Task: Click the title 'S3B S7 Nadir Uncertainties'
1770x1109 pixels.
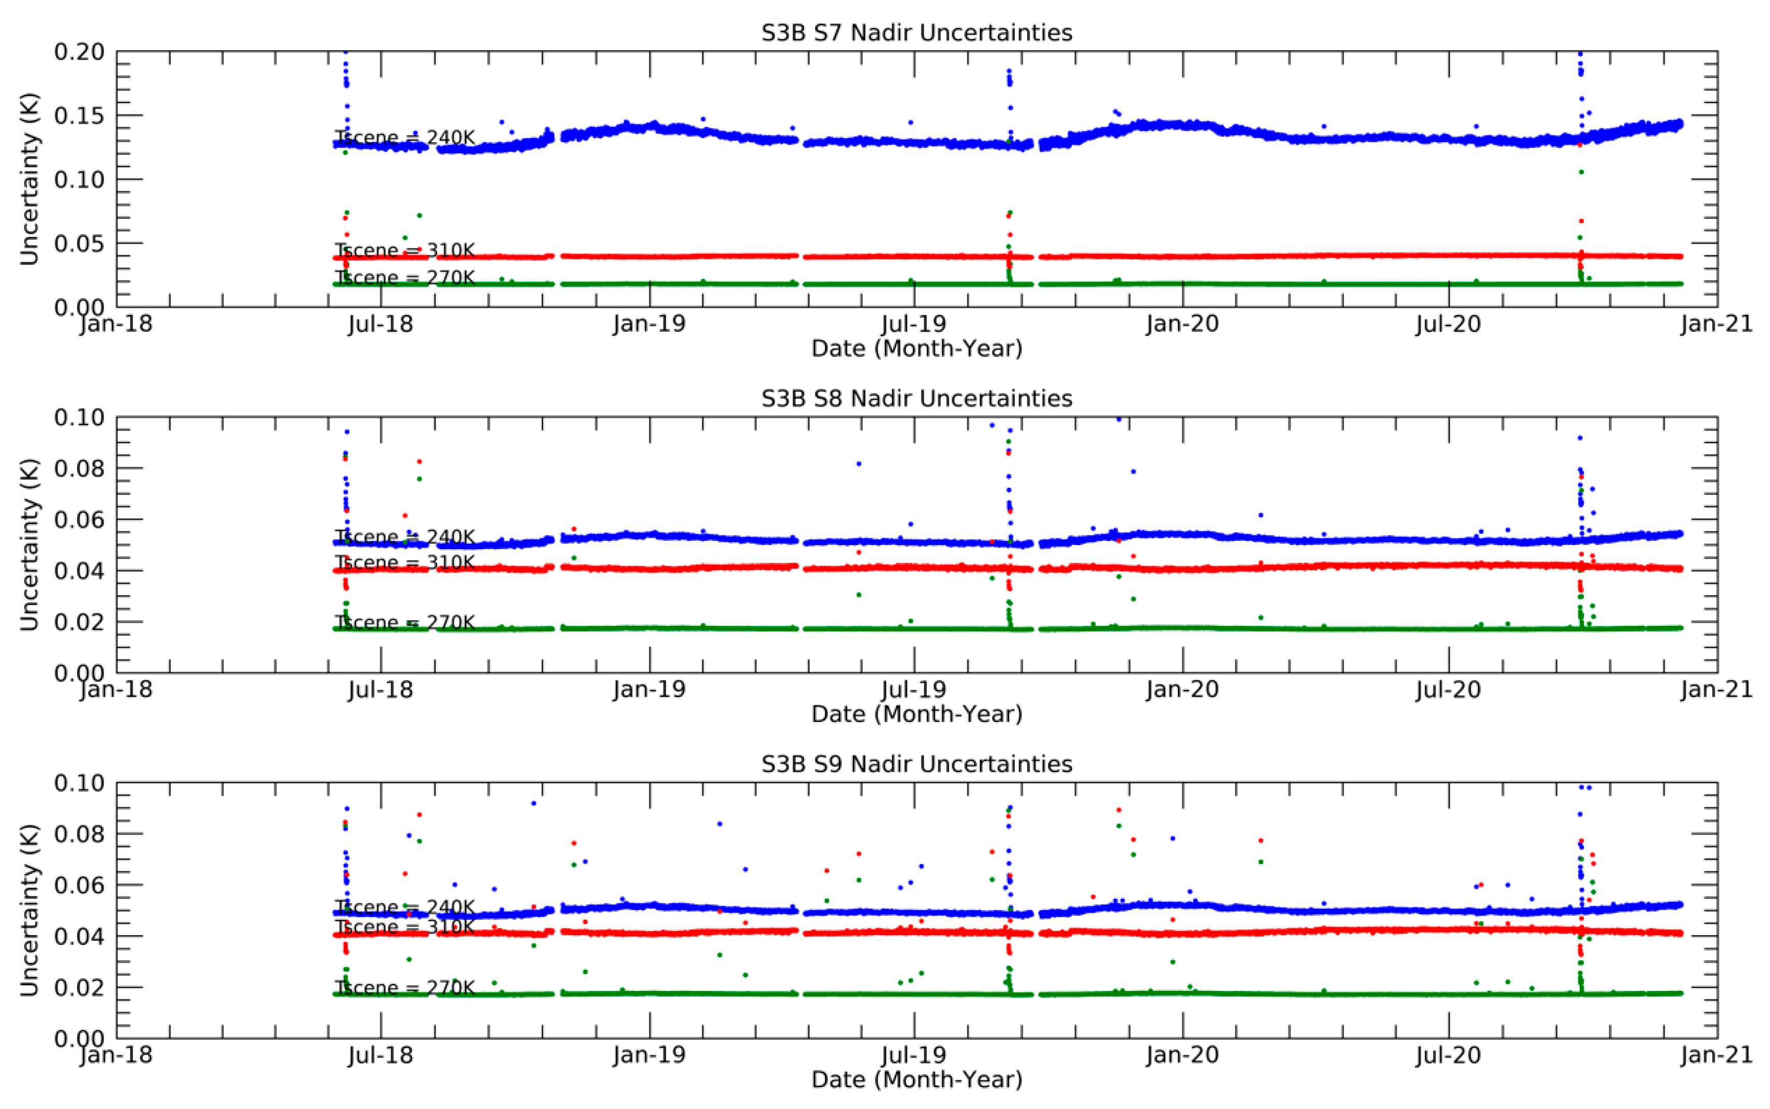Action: pos(916,33)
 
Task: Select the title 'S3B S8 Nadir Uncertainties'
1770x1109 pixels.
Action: pos(916,398)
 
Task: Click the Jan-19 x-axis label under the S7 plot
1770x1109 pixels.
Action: pos(649,324)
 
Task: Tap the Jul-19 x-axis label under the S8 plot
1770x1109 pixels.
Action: pos(914,689)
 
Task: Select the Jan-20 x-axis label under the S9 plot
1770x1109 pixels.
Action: pos(1182,1055)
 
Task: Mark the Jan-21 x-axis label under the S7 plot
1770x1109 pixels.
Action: pos(1716,324)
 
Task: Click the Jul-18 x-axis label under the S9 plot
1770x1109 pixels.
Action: pos(380,1055)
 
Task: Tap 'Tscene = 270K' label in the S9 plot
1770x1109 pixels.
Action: pos(405,987)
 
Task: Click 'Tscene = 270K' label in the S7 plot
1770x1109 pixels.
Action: pos(405,277)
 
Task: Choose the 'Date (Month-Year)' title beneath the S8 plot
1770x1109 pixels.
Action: pos(916,714)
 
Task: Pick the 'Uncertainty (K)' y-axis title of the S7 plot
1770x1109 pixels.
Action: pos(29,178)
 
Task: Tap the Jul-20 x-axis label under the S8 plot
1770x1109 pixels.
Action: pos(1448,689)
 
